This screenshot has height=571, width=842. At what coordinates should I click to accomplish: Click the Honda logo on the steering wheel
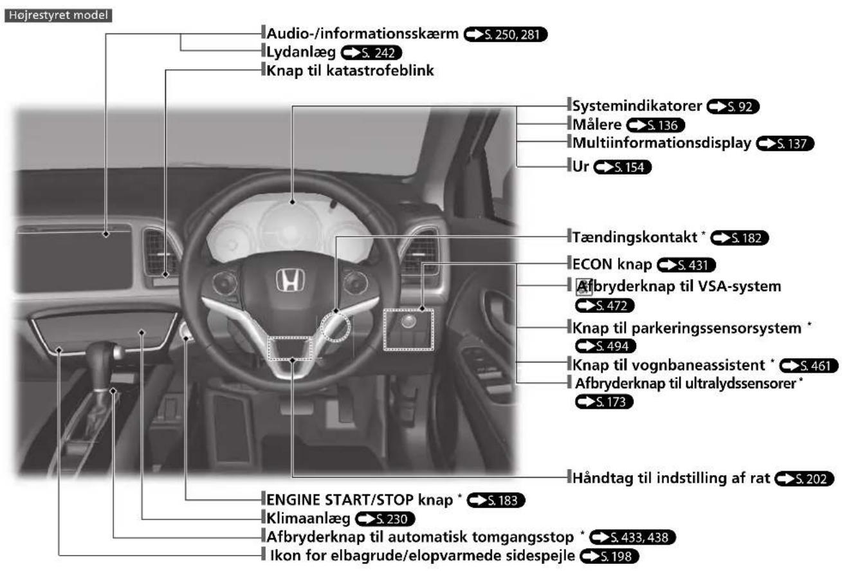[290, 280]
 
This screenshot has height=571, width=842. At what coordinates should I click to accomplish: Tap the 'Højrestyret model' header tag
[59, 15]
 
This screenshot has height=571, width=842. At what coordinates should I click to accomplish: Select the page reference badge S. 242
[371, 53]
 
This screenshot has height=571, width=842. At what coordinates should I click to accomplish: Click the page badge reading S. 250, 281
[505, 34]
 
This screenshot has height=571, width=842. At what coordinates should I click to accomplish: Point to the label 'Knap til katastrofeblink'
[350, 70]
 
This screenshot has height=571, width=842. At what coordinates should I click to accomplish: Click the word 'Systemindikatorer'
[637, 106]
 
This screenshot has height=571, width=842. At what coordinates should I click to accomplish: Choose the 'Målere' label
[597, 124]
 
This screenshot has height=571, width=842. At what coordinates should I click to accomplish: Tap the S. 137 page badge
[785, 144]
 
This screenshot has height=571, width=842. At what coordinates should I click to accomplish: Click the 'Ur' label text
[580, 166]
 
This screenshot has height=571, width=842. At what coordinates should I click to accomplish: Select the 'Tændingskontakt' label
[634, 237]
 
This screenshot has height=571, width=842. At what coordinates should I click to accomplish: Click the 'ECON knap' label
[612, 264]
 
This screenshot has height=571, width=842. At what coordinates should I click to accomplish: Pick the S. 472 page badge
[605, 305]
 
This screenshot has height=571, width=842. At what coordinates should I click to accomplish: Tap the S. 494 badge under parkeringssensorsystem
[605, 346]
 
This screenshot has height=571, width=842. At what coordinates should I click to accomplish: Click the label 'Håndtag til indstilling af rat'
[671, 478]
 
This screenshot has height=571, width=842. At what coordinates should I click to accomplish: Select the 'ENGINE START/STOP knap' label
[360, 500]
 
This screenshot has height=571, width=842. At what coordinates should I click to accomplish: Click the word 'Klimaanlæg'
[308, 518]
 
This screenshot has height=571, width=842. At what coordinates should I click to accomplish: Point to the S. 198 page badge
[609, 556]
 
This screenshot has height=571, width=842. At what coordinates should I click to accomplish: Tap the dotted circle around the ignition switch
[335, 326]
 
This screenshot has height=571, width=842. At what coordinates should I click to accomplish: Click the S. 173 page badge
[604, 402]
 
